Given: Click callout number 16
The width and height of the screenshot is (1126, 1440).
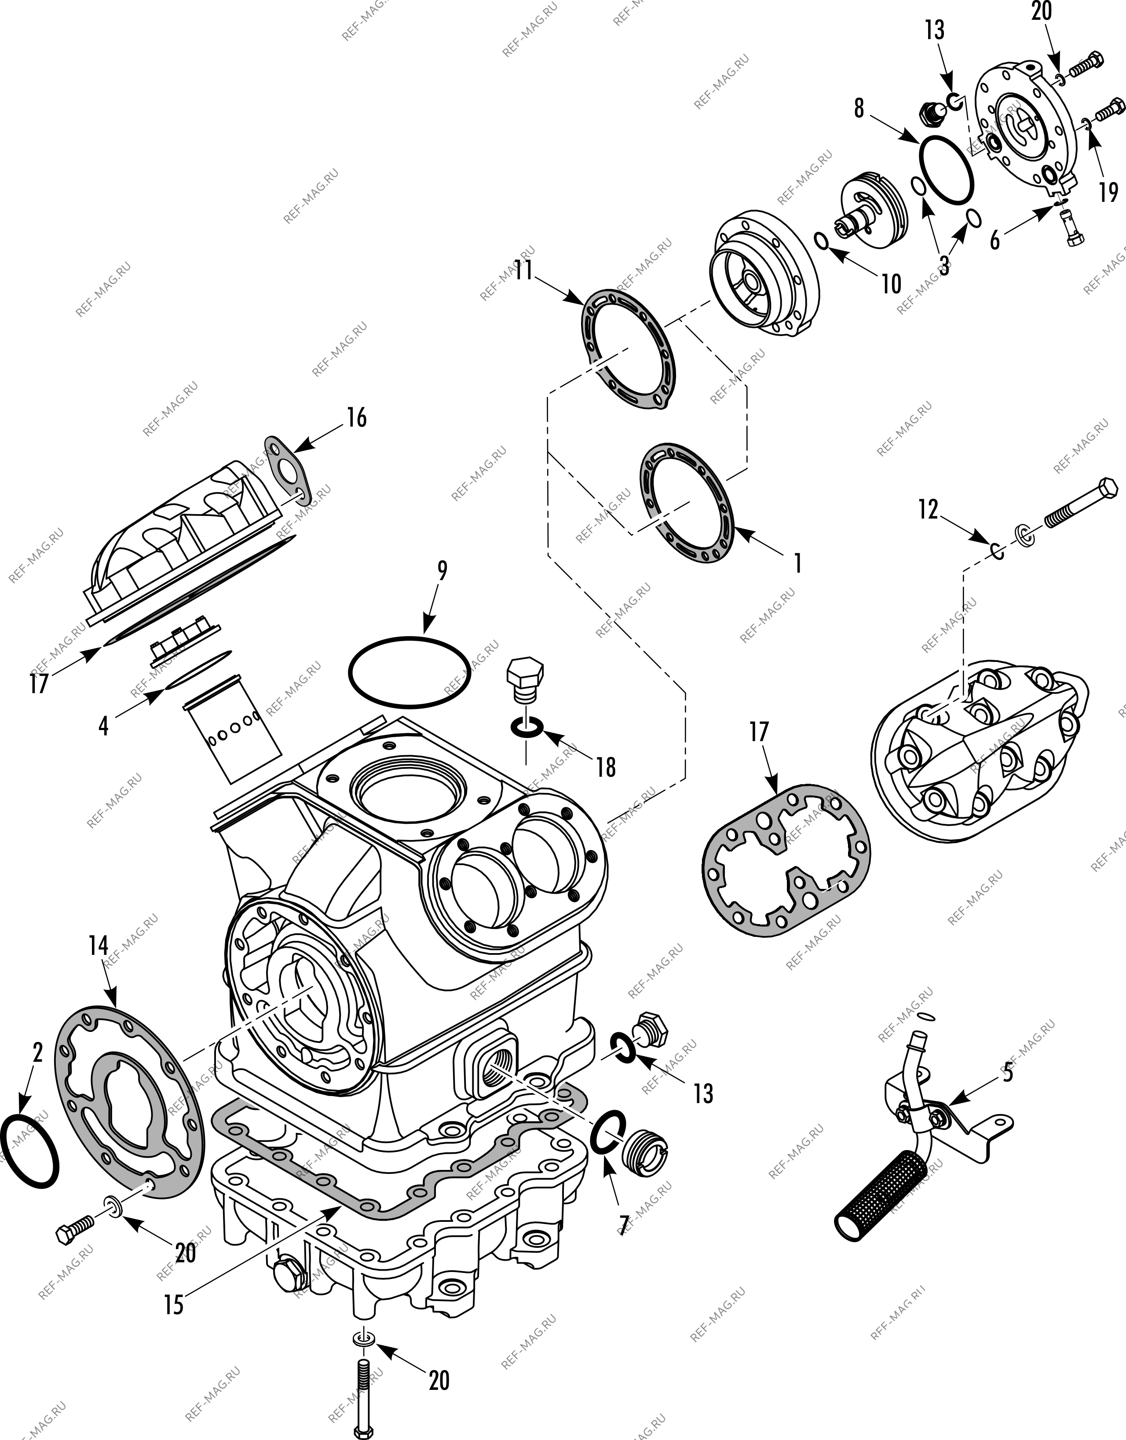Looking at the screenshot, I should pyautogui.click(x=357, y=418).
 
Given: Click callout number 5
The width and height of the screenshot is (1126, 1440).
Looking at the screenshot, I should pyautogui.click(x=1007, y=1073).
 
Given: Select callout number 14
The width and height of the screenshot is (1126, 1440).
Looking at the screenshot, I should pyautogui.click(x=98, y=946).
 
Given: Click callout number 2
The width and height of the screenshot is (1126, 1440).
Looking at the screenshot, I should pyautogui.click(x=37, y=1053).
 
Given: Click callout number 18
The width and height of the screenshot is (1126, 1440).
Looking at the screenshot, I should pyautogui.click(x=605, y=767).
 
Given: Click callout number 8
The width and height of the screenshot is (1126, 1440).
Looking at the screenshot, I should pyautogui.click(x=858, y=108).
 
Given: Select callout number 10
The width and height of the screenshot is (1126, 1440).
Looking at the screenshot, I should pyautogui.click(x=891, y=284).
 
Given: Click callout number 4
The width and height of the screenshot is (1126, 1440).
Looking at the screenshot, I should pyautogui.click(x=103, y=726).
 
